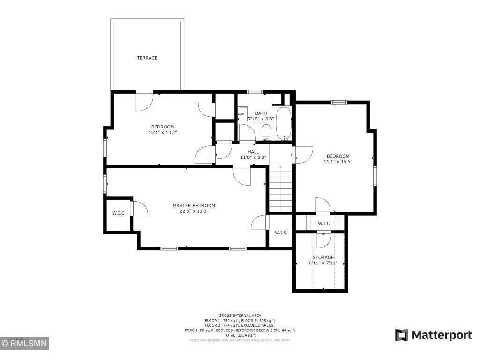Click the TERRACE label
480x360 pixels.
[147, 58]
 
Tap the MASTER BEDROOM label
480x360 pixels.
[194, 205]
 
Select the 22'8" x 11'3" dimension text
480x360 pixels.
[194, 211]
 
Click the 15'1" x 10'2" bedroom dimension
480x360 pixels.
[162, 132]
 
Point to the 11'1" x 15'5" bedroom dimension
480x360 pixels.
[337, 162]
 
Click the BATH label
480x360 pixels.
[261, 113]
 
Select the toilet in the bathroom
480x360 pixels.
[266, 131]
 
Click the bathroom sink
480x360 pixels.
[242, 114]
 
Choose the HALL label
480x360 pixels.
[253, 152]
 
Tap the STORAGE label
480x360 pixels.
[323, 257]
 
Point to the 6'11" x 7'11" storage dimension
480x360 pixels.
[323, 263]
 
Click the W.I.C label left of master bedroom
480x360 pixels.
[119, 213]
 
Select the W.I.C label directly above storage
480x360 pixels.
[324, 224]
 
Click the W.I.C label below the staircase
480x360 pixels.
[281, 232]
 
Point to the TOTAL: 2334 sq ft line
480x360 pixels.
[240, 335]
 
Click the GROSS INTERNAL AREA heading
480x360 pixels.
[240, 315]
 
